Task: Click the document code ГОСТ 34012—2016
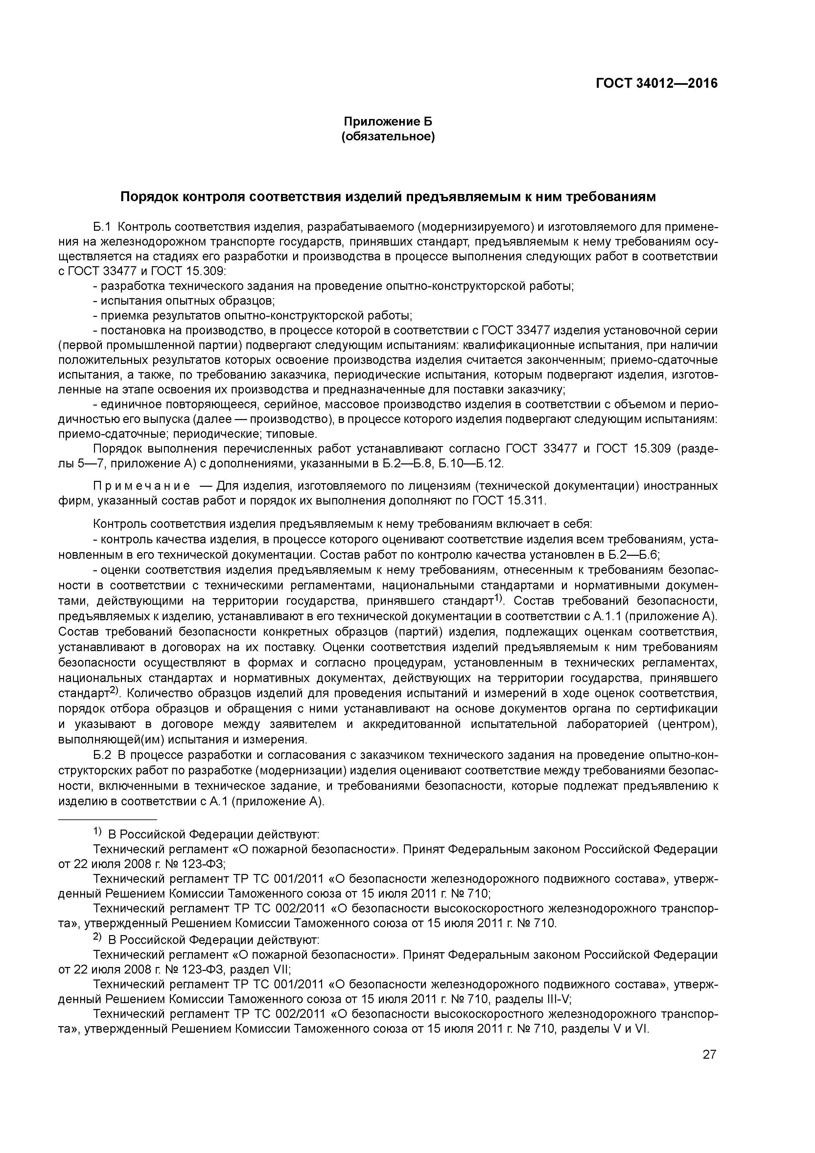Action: [x=656, y=83]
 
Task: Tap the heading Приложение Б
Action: [x=388, y=122]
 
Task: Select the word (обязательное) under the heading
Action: [x=388, y=137]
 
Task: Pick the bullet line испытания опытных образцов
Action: [x=187, y=301]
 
